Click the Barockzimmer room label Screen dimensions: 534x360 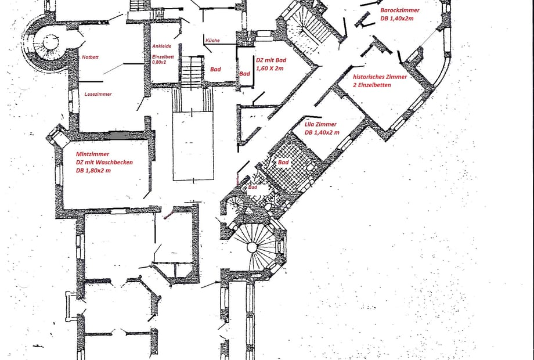click(x=400, y=10)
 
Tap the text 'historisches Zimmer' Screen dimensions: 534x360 click(x=380, y=77)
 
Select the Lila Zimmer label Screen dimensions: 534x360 click(x=320, y=124)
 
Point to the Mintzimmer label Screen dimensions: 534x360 click(x=93, y=154)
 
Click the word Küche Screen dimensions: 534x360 click(x=212, y=40)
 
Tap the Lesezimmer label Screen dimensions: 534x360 click(x=98, y=94)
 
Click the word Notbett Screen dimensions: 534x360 click(x=90, y=57)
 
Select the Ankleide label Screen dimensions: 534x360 click(x=162, y=46)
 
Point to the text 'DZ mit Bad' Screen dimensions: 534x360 click(x=271, y=60)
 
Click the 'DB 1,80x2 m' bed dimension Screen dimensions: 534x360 click(x=93, y=171)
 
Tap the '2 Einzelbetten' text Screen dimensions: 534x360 click(x=372, y=85)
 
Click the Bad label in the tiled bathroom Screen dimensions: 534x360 click(x=283, y=163)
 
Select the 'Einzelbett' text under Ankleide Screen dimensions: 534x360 click(x=163, y=57)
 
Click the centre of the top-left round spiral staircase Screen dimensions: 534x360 click(x=51, y=43)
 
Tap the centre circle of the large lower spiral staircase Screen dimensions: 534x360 click(x=252, y=247)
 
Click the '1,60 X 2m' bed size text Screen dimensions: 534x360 click(x=269, y=69)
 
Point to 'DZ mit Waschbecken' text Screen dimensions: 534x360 click(x=104, y=163)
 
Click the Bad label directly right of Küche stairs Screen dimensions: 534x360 click(x=215, y=70)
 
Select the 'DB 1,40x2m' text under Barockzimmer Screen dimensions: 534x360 click(x=397, y=19)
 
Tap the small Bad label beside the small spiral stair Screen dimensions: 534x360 click(x=252, y=188)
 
